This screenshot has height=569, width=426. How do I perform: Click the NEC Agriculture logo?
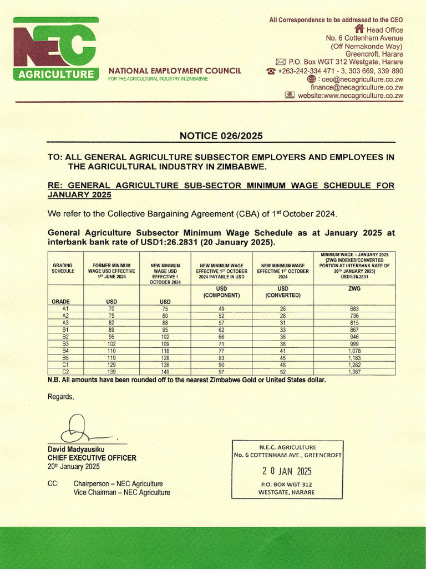55,49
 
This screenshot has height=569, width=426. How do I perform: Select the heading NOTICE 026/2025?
221,136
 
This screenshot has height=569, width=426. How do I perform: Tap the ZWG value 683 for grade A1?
354,308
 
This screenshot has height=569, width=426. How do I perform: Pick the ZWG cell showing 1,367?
354,372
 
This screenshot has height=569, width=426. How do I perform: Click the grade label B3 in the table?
65,345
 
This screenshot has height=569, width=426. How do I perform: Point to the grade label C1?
65,365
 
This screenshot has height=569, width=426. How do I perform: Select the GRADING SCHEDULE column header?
63,269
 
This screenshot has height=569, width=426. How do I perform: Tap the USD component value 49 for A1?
221,308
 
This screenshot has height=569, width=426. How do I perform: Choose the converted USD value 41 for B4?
283,351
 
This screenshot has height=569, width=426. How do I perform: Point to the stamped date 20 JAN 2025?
287,471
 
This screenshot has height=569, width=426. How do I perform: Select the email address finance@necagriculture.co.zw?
357,87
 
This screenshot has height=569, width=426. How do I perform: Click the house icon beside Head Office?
359,29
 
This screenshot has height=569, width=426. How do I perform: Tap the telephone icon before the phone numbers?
271,72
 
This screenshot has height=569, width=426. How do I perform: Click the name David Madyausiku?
77,449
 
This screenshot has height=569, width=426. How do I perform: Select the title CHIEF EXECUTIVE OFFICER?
92,458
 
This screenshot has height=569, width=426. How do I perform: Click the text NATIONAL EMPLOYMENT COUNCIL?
175,71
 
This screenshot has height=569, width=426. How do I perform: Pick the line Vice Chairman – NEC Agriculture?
121,492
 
